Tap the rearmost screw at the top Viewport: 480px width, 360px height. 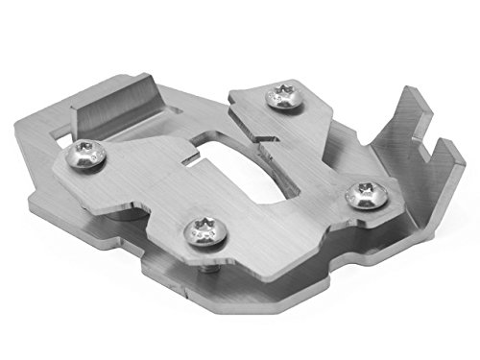point(282,98)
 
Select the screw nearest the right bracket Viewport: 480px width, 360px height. point(363,194)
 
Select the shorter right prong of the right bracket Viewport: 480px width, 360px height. point(445,154)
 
